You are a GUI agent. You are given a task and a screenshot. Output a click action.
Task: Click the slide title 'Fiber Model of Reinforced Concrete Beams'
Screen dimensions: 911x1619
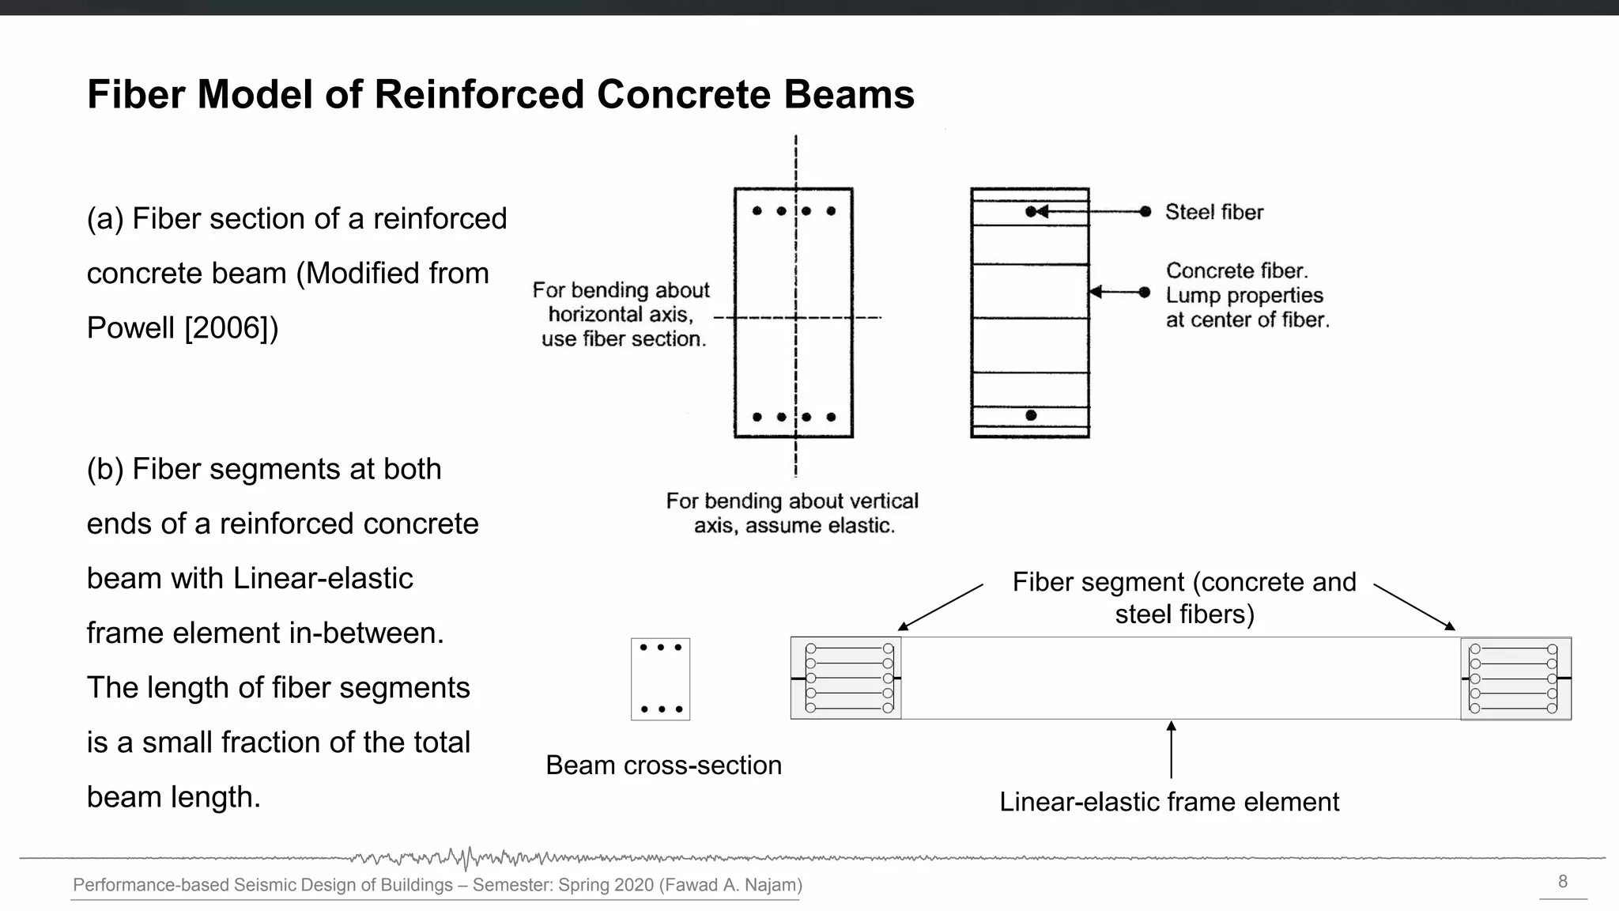(500, 95)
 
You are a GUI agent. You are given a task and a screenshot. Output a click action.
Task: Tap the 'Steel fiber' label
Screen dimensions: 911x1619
(1213, 212)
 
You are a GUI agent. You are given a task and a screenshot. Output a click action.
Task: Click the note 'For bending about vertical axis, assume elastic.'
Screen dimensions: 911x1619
(792, 513)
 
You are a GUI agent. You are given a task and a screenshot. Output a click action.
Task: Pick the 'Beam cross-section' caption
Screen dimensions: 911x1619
(663, 765)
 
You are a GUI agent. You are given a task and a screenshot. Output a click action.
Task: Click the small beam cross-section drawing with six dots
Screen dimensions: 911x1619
(660, 679)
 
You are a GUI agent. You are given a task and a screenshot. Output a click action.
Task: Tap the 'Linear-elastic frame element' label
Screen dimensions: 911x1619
(1168, 802)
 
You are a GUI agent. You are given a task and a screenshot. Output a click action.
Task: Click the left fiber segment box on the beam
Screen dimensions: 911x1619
(846, 679)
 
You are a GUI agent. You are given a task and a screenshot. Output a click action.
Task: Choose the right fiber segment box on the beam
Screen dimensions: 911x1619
(1515, 679)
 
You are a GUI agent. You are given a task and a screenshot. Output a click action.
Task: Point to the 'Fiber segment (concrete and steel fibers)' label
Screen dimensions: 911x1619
(1183, 598)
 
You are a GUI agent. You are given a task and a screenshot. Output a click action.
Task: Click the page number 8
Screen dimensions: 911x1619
(1562, 882)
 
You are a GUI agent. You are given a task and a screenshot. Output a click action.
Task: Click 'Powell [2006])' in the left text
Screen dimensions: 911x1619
(183, 328)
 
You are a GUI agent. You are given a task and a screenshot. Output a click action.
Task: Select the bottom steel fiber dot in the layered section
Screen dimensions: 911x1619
(1031, 415)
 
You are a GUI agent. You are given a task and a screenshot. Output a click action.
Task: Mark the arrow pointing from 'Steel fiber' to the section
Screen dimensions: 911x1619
(1091, 211)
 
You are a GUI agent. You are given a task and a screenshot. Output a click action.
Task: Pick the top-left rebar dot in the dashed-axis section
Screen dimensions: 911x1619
(757, 211)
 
